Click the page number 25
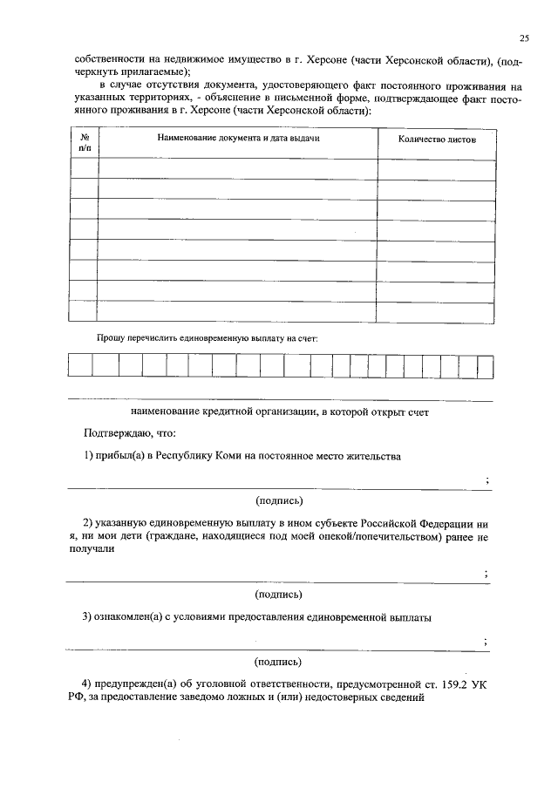523,37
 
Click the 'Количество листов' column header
437,139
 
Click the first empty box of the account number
80,365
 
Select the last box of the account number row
485,365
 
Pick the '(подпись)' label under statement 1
279,500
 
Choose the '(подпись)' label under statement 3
279,661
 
